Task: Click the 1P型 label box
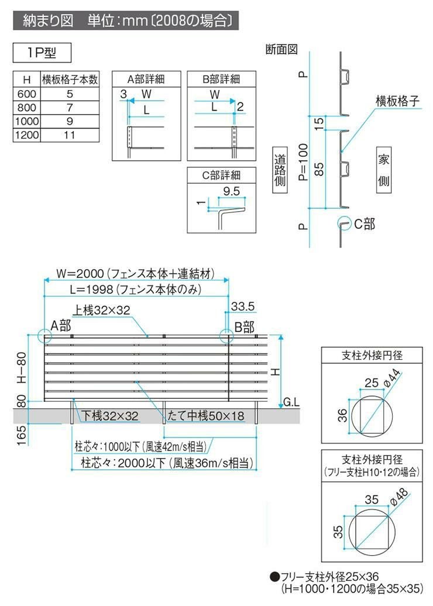(x=42, y=53)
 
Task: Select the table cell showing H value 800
(x=26, y=108)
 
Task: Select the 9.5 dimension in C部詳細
(x=232, y=191)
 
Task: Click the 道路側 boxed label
(x=280, y=170)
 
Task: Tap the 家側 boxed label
(x=383, y=170)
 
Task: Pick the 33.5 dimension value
(x=243, y=306)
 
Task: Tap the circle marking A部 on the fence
(x=44, y=335)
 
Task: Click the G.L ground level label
(x=292, y=402)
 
